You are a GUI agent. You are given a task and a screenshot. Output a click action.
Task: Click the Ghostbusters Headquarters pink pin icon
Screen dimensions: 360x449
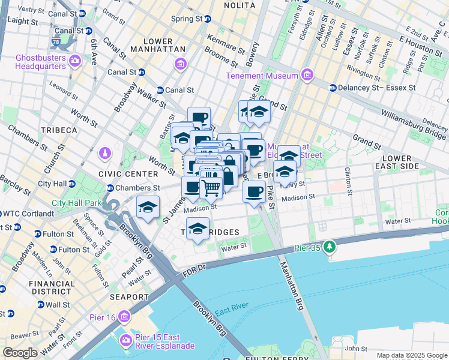(x=75, y=60)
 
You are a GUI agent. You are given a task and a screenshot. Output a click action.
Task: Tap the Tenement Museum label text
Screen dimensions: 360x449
(x=261, y=76)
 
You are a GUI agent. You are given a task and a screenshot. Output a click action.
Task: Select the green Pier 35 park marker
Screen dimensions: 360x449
(x=329, y=247)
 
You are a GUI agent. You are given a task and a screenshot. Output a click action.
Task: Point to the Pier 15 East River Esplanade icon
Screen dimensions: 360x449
(x=125, y=340)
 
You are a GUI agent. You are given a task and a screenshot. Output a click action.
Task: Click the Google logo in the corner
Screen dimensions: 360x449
(x=20, y=353)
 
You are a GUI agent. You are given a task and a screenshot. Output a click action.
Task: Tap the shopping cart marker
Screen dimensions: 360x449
(x=211, y=188)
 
